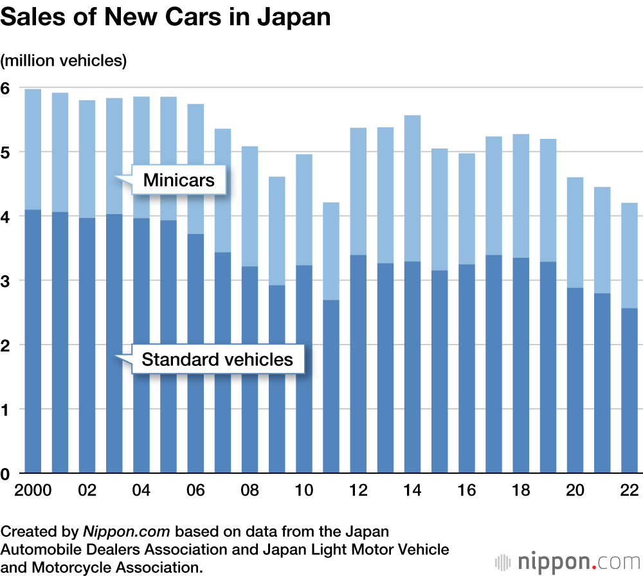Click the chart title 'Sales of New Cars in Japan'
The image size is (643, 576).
(165, 17)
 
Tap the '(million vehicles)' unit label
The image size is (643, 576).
(64, 61)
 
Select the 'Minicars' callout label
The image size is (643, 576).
(178, 180)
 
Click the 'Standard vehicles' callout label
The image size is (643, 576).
(217, 359)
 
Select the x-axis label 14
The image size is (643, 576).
(412, 491)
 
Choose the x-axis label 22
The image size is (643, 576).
(628, 491)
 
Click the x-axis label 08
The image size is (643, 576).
(249, 491)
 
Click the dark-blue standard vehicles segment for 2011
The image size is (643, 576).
(331, 386)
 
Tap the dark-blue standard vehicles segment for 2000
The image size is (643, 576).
(33, 341)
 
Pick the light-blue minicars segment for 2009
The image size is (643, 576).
(276, 231)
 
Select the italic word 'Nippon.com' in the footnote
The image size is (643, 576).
(126, 532)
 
